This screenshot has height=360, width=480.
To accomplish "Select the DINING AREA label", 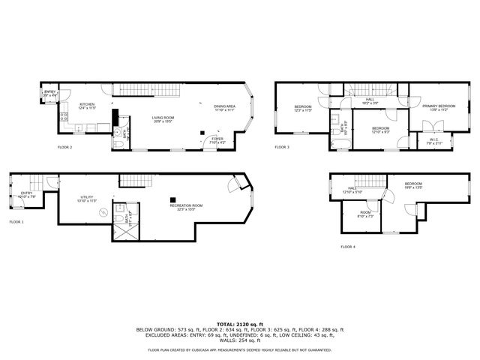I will [x=224, y=106].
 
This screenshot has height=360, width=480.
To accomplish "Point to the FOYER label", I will [x=217, y=139].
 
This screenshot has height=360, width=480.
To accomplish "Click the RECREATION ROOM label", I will [x=187, y=206].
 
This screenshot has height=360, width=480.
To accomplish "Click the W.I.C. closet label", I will [x=433, y=139].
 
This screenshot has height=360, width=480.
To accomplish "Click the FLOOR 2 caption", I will [x=65, y=148].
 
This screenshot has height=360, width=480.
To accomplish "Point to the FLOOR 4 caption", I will [x=348, y=246].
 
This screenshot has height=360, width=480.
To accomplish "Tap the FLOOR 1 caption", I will [x=16, y=222].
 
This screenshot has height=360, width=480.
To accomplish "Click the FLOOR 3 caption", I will [x=282, y=147].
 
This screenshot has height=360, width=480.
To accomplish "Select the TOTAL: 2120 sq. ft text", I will [x=239, y=323].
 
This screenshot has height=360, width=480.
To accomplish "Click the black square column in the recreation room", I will [x=172, y=198].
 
